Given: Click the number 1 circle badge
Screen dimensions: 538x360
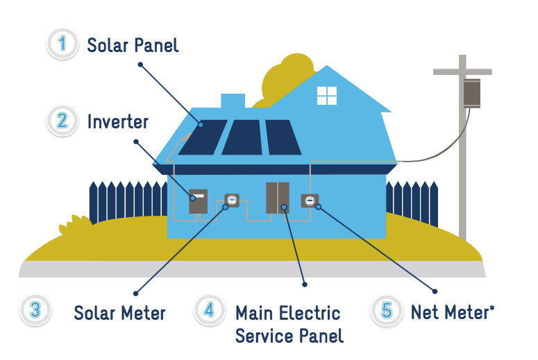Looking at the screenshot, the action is [x=62, y=44].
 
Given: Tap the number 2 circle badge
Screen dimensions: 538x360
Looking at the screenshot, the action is [x=62, y=121].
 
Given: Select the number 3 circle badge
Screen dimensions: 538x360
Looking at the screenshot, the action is [x=35, y=310].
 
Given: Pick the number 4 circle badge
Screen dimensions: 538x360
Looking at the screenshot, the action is [x=209, y=310].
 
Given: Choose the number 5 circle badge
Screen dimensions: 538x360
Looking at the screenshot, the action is [x=387, y=310].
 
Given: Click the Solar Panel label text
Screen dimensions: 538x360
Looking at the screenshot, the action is [x=133, y=45].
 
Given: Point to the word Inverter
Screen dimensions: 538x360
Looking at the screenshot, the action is [x=118, y=121].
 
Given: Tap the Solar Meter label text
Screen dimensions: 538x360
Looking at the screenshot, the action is [x=119, y=313].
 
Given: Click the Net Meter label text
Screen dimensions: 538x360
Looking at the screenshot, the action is [x=453, y=312].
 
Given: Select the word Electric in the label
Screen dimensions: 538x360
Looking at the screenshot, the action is [x=310, y=313].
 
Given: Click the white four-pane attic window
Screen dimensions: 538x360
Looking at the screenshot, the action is [x=327, y=96].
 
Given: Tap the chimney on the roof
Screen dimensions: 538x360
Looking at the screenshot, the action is [x=233, y=101].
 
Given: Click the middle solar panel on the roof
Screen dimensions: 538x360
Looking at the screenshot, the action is [x=242, y=137].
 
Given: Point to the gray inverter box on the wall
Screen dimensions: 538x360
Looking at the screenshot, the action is [x=199, y=201].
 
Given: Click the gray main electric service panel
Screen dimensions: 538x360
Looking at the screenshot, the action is [x=278, y=198].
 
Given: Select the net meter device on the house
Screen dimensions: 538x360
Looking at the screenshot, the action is [x=310, y=201].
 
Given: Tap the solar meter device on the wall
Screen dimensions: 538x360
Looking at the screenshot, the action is [x=232, y=200].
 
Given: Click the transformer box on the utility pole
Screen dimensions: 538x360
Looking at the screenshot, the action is [x=472, y=93].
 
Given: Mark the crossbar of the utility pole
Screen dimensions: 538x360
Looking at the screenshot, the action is [x=462, y=71].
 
